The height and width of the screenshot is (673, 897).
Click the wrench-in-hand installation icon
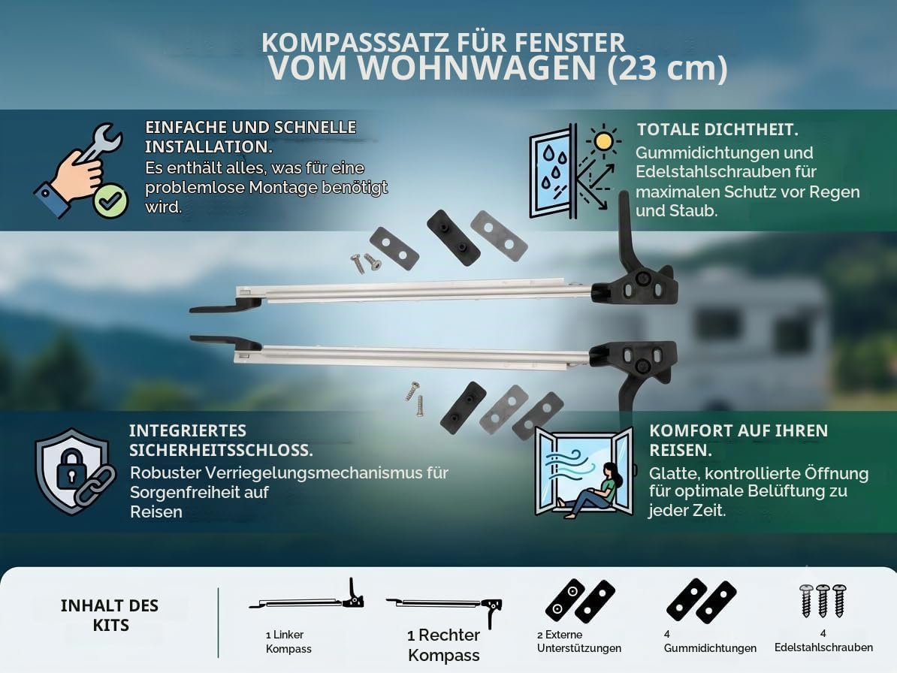80,171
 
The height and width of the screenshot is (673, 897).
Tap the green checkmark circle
110,200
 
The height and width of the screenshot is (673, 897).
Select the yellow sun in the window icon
603,140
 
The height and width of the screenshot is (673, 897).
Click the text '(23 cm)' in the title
667,68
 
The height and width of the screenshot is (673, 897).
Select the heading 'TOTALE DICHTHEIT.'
717,130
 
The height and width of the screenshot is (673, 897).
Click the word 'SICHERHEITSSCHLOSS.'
221,450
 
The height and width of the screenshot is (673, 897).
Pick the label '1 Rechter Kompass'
444,645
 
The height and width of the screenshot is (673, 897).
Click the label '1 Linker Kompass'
288,641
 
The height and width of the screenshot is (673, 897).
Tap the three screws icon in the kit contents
823,600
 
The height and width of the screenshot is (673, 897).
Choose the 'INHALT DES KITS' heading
110,615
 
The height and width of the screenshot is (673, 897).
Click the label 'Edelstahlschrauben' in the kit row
824,647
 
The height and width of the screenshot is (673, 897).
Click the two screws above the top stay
366,263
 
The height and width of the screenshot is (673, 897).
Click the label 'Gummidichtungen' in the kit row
710,648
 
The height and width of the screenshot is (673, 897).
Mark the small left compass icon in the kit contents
307,598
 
